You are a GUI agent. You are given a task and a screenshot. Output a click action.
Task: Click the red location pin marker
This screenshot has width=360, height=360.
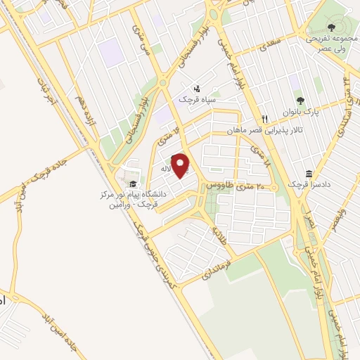click(x=181, y=166)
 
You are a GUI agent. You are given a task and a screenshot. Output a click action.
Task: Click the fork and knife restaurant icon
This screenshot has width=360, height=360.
click(x=265, y=118)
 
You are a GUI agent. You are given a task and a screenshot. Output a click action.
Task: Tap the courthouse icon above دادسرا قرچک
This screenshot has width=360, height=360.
click(x=309, y=174)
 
